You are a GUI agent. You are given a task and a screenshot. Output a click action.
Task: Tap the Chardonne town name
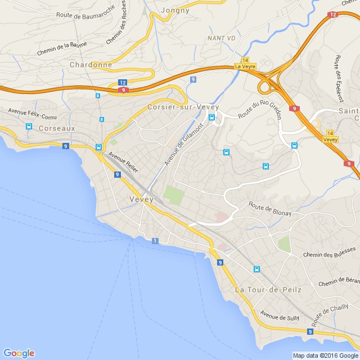pyautogui.click(x=91, y=65)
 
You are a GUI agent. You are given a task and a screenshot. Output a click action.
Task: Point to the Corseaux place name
pyautogui.click(x=56, y=128)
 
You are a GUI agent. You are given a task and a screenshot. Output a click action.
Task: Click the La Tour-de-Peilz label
pyautogui.click(x=268, y=290)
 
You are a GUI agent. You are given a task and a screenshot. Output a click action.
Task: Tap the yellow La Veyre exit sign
pyautogui.click(x=245, y=66)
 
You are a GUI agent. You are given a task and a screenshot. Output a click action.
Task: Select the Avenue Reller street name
pyautogui.click(x=123, y=162)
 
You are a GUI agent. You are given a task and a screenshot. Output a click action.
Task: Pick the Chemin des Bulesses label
pyautogui.click(x=330, y=252)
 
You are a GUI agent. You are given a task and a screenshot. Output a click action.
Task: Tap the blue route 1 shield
pyautogui.click(x=155, y=241)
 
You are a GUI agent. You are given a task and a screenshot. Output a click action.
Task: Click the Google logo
pyautogui.click(x=19, y=353)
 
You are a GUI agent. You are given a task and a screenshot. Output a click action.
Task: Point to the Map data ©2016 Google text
pyautogui.click(x=325, y=355)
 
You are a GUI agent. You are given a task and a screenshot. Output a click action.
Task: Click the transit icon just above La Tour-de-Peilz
pyautogui.click(x=257, y=269)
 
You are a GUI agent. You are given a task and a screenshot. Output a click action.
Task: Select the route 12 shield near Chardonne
pyautogui.click(x=123, y=83)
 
